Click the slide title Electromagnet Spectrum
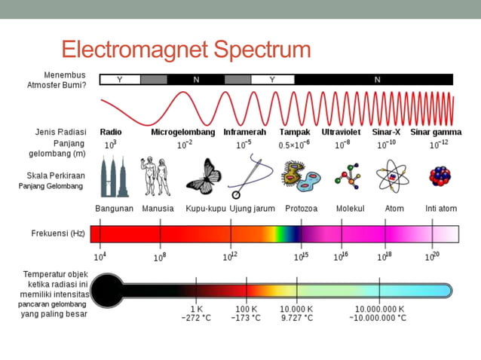[185, 50]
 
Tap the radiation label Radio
[111, 132]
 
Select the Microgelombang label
[182, 132]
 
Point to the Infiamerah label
[244, 132]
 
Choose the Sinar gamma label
[436, 132]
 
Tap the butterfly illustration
[203, 177]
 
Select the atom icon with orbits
[392, 176]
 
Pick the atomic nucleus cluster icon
[440, 176]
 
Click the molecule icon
[348, 176]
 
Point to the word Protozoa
[301, 208]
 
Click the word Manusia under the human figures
[158, 208]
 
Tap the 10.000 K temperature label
[297, 309]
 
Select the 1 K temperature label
[196, 309]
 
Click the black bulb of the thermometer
[108, 290]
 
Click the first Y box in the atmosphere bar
[119, 79]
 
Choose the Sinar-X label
[387, 132]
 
